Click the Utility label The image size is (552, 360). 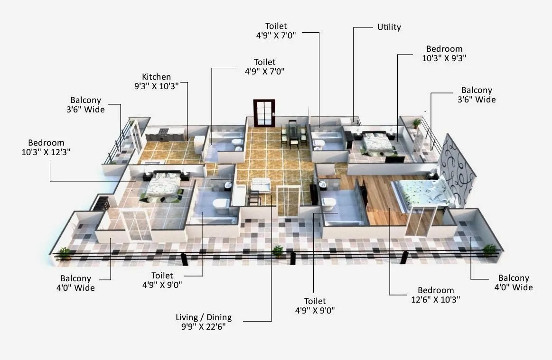[389, 27]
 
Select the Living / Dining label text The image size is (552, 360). [204, 322]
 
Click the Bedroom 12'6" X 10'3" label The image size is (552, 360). [436, 295]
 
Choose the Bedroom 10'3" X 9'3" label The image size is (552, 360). [444, 53]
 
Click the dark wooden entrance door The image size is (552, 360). [264, 113]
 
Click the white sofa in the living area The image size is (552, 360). [260, 185]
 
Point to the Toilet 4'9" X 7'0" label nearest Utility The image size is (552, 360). [282, 31]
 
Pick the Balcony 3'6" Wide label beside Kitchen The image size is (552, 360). [85, 104]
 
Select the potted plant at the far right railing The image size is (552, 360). [489, 249]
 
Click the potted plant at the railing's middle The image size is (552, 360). [278, 250]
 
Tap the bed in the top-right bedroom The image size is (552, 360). [377, 142]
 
